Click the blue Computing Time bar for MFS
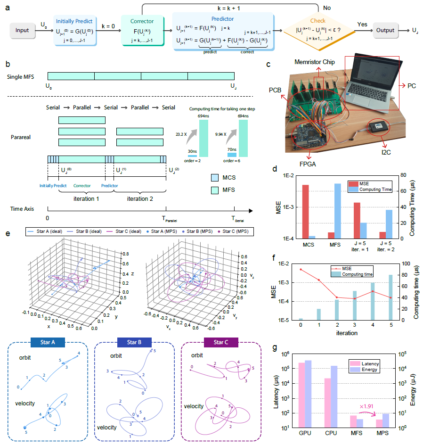click(x=338, y=211)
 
